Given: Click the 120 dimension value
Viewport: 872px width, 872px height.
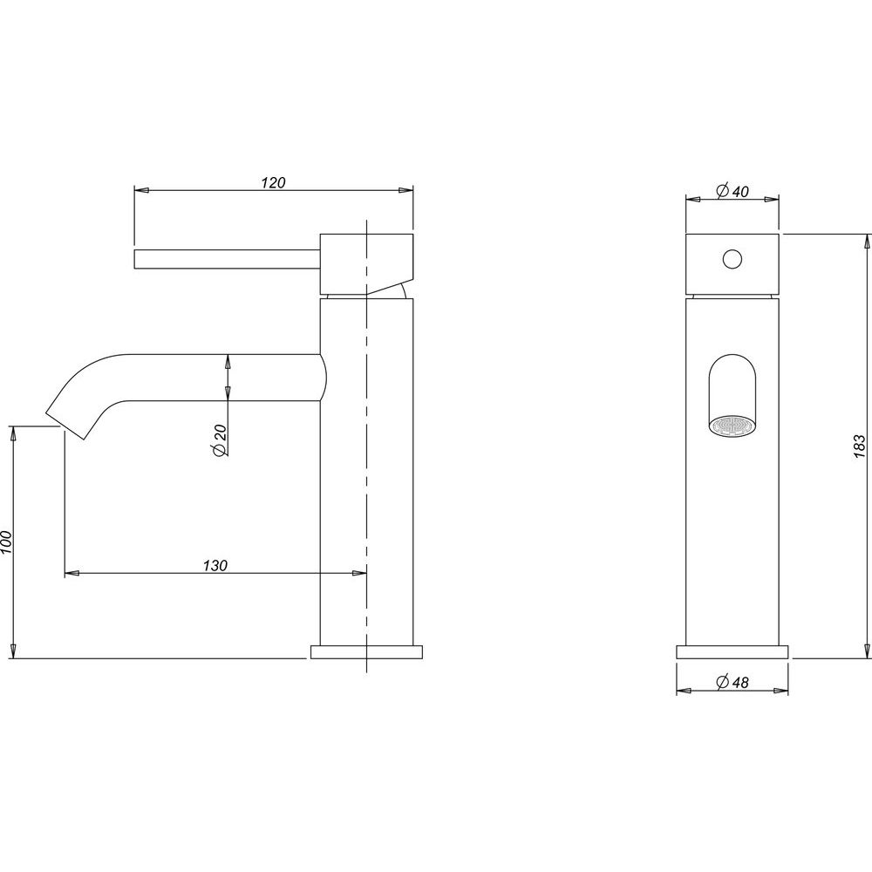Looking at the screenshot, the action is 273,182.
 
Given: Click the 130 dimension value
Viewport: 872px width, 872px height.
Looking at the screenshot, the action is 215,566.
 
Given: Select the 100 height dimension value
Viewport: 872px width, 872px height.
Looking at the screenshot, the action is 6,542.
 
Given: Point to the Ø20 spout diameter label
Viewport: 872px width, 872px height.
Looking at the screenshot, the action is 219,440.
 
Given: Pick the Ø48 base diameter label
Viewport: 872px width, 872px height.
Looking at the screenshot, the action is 733,682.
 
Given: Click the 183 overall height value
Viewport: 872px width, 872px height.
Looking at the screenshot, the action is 859,446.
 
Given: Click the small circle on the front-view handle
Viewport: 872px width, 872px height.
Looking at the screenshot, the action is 732,259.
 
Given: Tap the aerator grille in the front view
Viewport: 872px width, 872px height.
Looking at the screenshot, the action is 732,426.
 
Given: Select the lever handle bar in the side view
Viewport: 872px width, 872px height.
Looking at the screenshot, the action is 227,259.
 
